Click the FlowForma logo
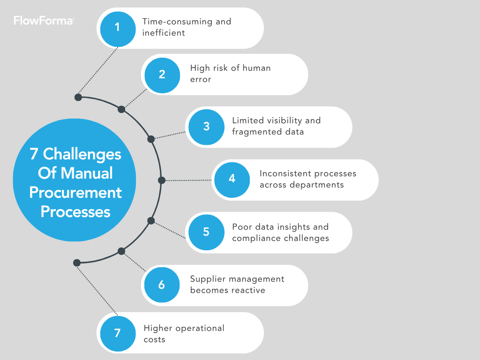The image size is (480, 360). pos(43,21)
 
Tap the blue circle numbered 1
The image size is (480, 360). pos(118,28)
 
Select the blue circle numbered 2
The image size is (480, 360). pos(162,75)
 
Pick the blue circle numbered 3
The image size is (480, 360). pos(206,127)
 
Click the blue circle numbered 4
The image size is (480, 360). pos(232,180)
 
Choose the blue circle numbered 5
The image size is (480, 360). pos(206,232)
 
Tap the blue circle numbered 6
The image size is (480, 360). pos(162,285)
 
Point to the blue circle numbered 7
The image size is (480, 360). pos(118,333)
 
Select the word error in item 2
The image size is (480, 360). pos(201,80)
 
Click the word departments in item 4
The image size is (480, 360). pos(317,185)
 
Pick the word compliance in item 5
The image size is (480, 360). pos(255,238)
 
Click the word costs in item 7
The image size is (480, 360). pos(154,339)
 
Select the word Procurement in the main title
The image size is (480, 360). pos(75,192)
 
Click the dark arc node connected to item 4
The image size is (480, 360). pos(162,180)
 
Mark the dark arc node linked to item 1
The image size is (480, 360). pos(78,97)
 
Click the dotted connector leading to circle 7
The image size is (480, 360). pos(97,289)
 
